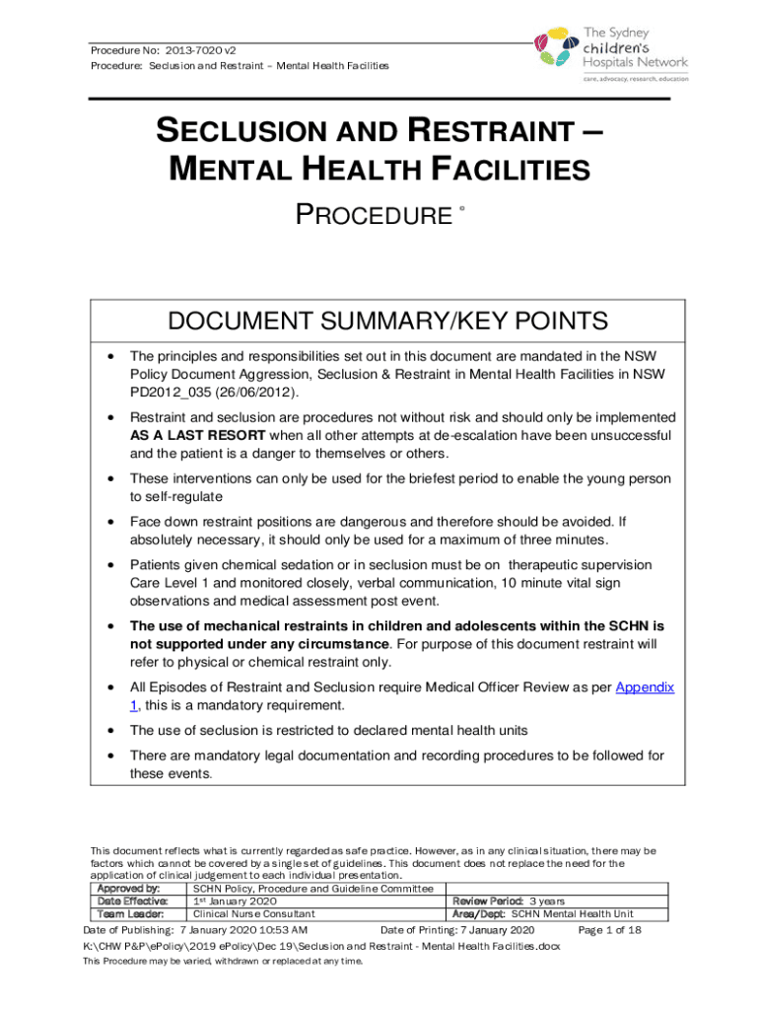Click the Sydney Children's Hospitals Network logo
609,44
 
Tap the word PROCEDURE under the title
373,214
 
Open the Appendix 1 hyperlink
643,686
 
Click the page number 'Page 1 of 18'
610,930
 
